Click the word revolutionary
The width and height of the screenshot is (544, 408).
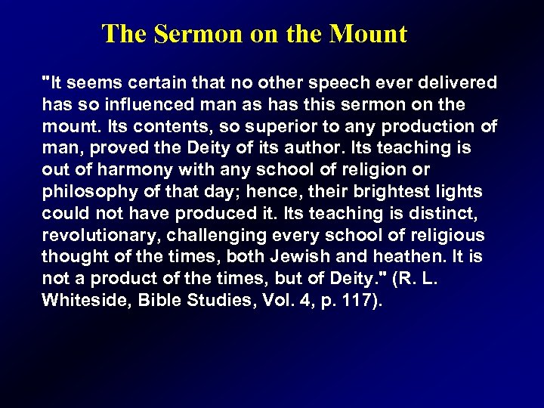pyautogui.click(x=94, y=235)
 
